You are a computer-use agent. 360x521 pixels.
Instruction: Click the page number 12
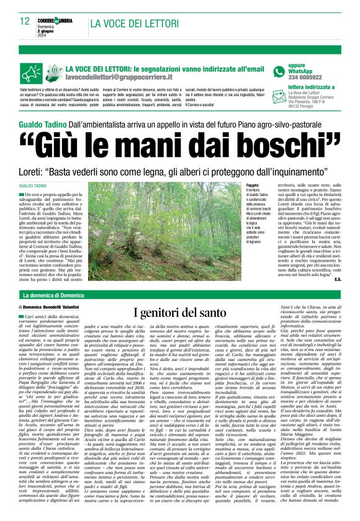pos(24,21)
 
